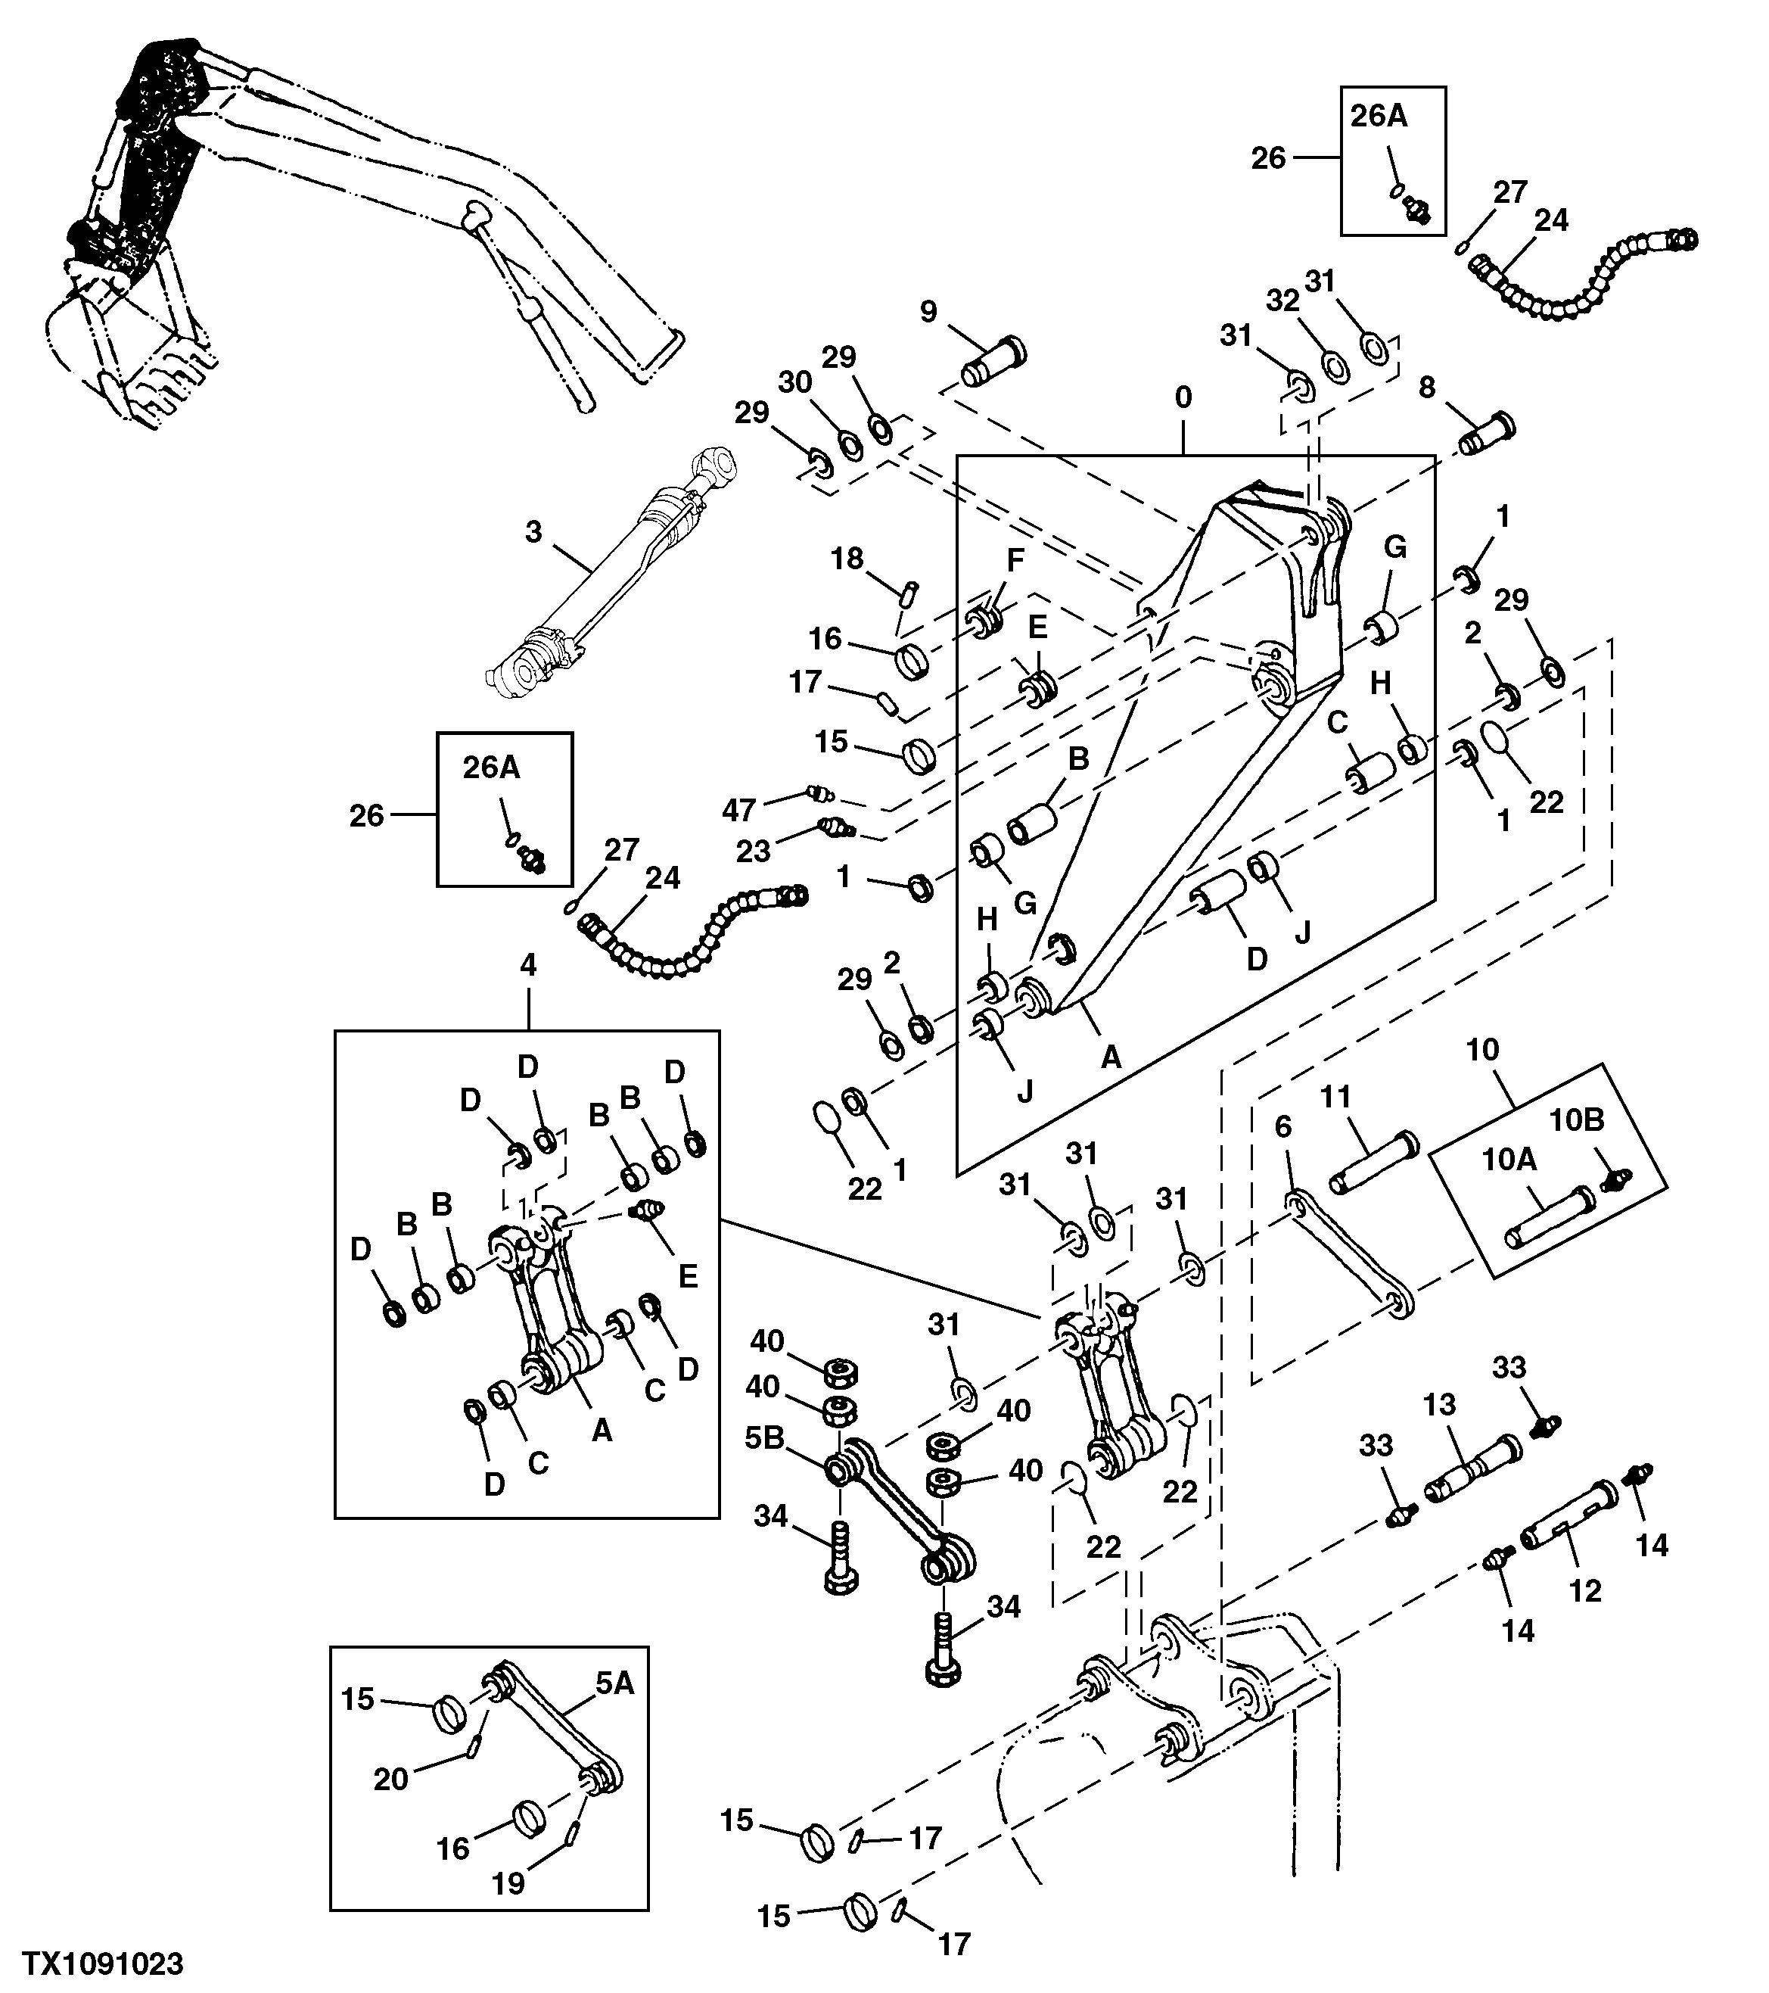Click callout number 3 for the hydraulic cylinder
coord(533,532)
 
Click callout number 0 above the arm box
coord(1183,398)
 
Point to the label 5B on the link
coord(764,1466)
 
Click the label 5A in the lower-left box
coord(614,1683)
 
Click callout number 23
coord(752,852)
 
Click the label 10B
coord(1577,1120)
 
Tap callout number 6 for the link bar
coord(1283,1127)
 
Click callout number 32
coord(1282,301)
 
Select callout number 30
coord(795,383)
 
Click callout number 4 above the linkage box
coord(528,965)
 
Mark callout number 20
coord(391,1780)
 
